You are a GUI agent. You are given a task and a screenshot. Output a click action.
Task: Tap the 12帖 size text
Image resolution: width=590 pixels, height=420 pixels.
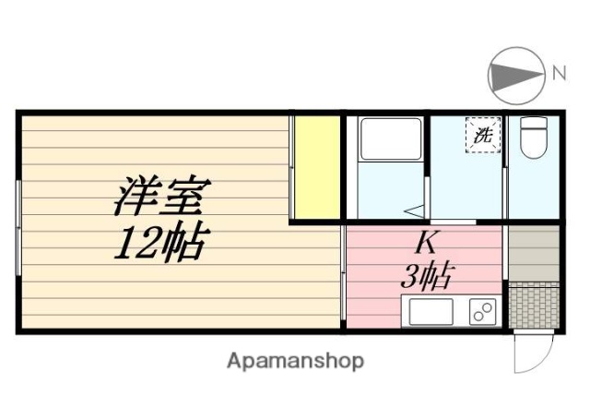click(159, 242)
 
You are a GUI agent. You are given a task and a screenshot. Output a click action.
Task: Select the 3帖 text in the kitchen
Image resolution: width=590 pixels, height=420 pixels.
click(427, 275)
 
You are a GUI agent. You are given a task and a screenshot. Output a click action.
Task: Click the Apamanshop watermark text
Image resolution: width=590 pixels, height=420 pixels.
click(295, 360)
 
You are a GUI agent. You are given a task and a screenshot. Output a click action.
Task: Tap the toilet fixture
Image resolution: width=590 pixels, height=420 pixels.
click(533, 141)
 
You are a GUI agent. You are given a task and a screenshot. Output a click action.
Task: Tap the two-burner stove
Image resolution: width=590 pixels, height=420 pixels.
click(482, 312)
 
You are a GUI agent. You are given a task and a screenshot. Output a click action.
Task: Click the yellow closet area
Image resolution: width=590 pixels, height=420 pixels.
click(316, 169)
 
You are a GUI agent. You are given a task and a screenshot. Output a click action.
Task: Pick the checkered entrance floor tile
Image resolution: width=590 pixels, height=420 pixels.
click(534, 306)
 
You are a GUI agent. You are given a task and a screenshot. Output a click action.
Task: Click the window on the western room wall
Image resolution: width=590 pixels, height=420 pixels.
click(18, 227)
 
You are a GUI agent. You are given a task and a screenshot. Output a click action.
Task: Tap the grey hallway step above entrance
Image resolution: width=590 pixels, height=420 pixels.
click(534, 253)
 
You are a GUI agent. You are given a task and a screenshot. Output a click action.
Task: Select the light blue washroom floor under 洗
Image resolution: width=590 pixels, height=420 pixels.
click(468, 185)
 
